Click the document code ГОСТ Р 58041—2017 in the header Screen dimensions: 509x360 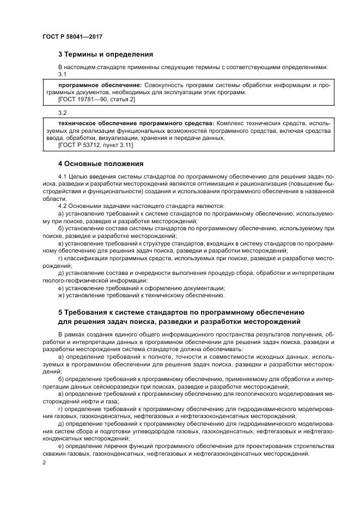pos(72,36)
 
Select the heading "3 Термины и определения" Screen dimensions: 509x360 pos(106,54)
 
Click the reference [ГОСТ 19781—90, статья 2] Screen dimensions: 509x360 pos(96,100)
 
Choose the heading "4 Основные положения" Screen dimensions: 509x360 pos(100,163)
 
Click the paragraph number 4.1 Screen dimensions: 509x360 pos(62,178)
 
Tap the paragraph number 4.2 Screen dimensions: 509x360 pos(62,206)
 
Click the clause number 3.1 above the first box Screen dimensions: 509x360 pos(62,73)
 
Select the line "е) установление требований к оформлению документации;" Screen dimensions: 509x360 pos(142,288)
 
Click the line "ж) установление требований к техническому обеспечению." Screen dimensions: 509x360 pos(141,295)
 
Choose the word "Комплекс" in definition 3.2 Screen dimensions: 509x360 pos(230,124)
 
